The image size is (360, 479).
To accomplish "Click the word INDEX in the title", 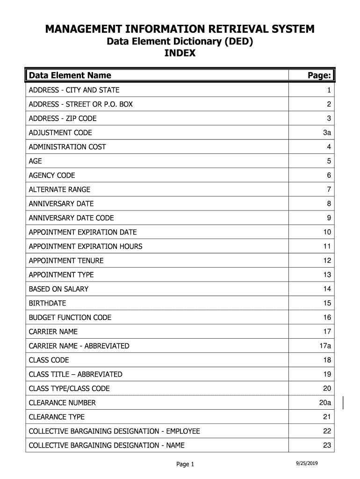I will click(180, 53).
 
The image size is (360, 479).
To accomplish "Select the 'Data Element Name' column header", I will click(70, 75).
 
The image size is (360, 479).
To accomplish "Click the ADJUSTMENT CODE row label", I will click(60, 133).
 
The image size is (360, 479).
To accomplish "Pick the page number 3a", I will click(327, 133).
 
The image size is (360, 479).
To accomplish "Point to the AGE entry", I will click(36, 161).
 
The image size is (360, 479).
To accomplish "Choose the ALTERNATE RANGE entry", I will click(59, 189).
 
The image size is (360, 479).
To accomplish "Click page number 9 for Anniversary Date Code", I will click(329, 218).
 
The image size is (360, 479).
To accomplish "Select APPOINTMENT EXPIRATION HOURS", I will click(86, 247).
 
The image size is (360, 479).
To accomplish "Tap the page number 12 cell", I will click(326, 261).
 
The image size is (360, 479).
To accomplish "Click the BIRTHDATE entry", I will click(47, 303).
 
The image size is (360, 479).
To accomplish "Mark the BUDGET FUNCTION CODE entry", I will click(70, 318).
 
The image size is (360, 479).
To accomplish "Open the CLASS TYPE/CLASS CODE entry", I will click(69, 389).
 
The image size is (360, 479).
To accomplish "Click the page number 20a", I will click(325, 403).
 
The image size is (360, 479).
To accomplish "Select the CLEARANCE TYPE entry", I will click(57, 417).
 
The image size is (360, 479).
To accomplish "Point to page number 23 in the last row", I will click(326, 445).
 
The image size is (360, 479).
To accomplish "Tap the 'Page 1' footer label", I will click(185, 464).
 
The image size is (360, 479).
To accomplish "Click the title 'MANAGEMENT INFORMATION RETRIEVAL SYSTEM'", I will click(180, 29).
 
